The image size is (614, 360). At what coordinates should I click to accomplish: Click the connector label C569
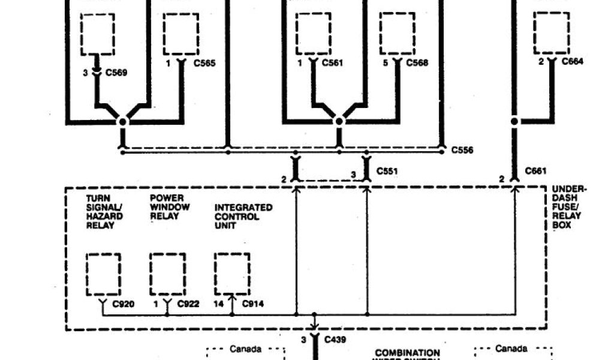[x=116, y=73]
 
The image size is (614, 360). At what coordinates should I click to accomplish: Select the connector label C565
[x=204, y=63]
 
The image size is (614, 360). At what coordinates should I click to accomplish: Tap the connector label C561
[x=332, y=62]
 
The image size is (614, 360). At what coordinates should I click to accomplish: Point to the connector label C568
[x=417, y=63]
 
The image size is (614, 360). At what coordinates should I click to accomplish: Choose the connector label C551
[x=387, y=172]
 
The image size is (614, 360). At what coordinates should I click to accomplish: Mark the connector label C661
[x=535, y=171]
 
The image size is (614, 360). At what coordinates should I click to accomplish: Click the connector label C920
[x=124, y=304]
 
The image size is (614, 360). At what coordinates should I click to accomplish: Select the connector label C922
[x=188, y=304]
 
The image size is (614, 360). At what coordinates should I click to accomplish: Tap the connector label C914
[x=252, y=304]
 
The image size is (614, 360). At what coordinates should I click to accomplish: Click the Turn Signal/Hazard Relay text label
[x=104, y=211]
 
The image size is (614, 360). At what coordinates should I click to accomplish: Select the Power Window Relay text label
[x=170, y=207]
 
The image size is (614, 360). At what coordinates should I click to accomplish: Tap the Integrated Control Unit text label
[x=243, y=216]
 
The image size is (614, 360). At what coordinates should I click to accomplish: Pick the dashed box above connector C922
[x=168, y=272]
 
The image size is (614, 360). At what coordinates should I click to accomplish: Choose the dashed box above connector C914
[x=232, y=272]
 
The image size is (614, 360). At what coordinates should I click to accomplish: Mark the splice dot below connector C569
[x=122, y=121]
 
